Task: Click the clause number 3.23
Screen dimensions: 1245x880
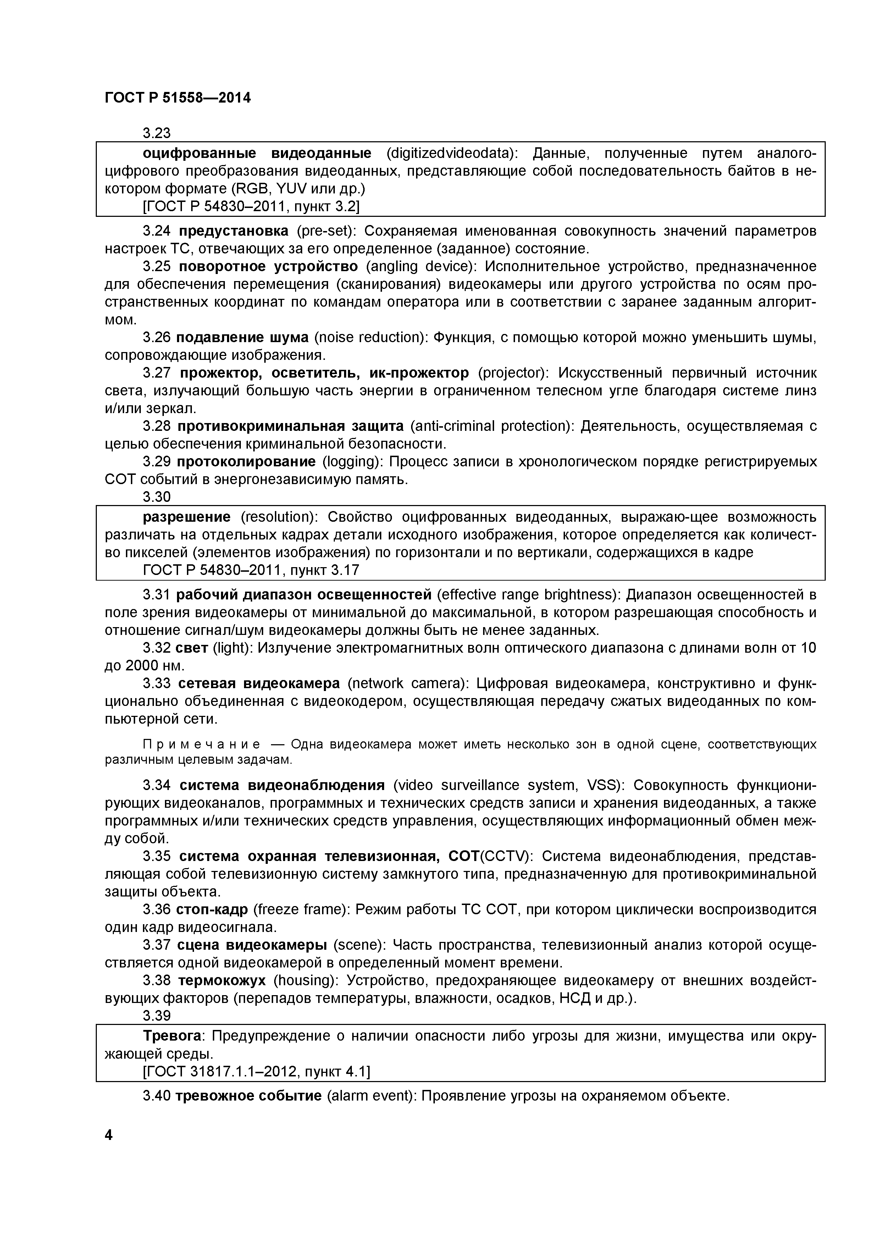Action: (x=157, y=133)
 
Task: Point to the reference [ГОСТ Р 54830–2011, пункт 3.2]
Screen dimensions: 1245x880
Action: (x=251, y=207)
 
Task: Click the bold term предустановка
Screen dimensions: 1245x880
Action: (x=233, y=231)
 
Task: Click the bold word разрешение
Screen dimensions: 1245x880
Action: (x=187, y=517)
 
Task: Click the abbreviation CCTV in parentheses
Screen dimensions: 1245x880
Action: (x=506, y=857)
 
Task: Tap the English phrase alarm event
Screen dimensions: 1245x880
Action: (x=371, y=1096)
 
